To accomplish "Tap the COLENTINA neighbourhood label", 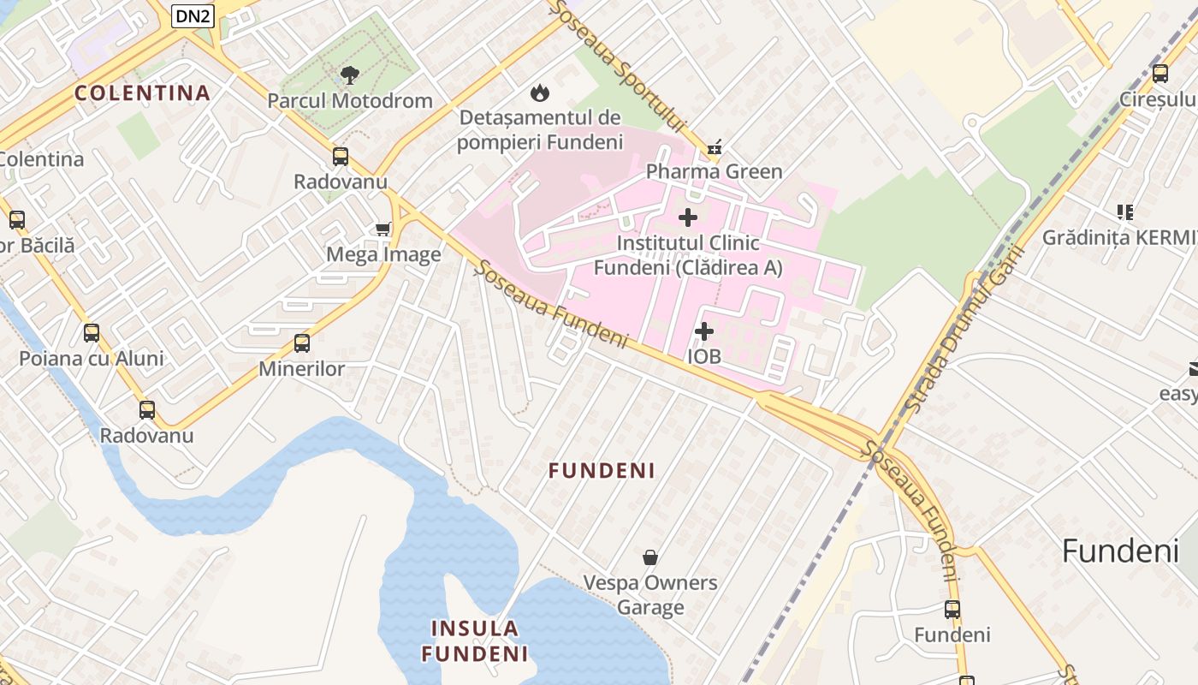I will [142, 93].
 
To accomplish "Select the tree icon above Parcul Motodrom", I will [349, 75].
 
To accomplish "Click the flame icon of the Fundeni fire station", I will [539, 92].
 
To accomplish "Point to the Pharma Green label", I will [714, 171].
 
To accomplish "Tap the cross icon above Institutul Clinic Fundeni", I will [687, 217].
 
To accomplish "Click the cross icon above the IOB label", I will [703, 331].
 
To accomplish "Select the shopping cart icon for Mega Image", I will [383, 229].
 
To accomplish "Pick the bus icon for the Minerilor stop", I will [301, 343].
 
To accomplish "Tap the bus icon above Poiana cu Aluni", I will [91, 333].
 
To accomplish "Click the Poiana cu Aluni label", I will [92, 358].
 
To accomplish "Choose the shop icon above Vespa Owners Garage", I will [650, 557].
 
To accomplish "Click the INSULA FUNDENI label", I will [475, 641].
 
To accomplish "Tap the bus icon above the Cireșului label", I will [1159, 74].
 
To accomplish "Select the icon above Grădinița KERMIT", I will [1124, 211].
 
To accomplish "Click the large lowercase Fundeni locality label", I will [1120, 551].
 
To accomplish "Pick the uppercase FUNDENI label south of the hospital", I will [602, 471].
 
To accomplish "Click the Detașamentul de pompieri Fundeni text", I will [540, 129].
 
